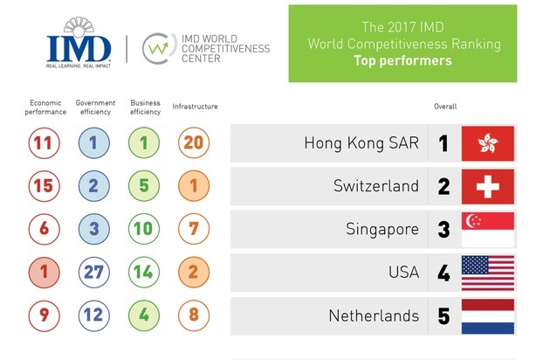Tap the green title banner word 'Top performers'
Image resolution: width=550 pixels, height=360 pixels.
pos(402,62)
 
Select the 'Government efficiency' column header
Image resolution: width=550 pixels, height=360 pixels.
pos(95,107)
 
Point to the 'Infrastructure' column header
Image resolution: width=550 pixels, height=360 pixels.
pos(196,107)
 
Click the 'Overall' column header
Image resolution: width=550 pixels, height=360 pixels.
pos(445,107)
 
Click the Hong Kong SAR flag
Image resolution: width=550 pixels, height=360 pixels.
pos(488,143)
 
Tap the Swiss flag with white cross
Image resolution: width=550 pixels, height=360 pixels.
pos(488,186)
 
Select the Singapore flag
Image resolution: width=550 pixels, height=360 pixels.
pos(488,229)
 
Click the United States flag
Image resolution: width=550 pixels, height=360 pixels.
pos(488,272)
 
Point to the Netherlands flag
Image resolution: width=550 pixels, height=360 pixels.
pos(488,315)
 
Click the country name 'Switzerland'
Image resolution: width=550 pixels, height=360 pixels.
pos(376,186)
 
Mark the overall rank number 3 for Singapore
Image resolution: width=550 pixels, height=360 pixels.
pos(443,229)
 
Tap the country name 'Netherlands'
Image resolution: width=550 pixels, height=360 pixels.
pos(374,315)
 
